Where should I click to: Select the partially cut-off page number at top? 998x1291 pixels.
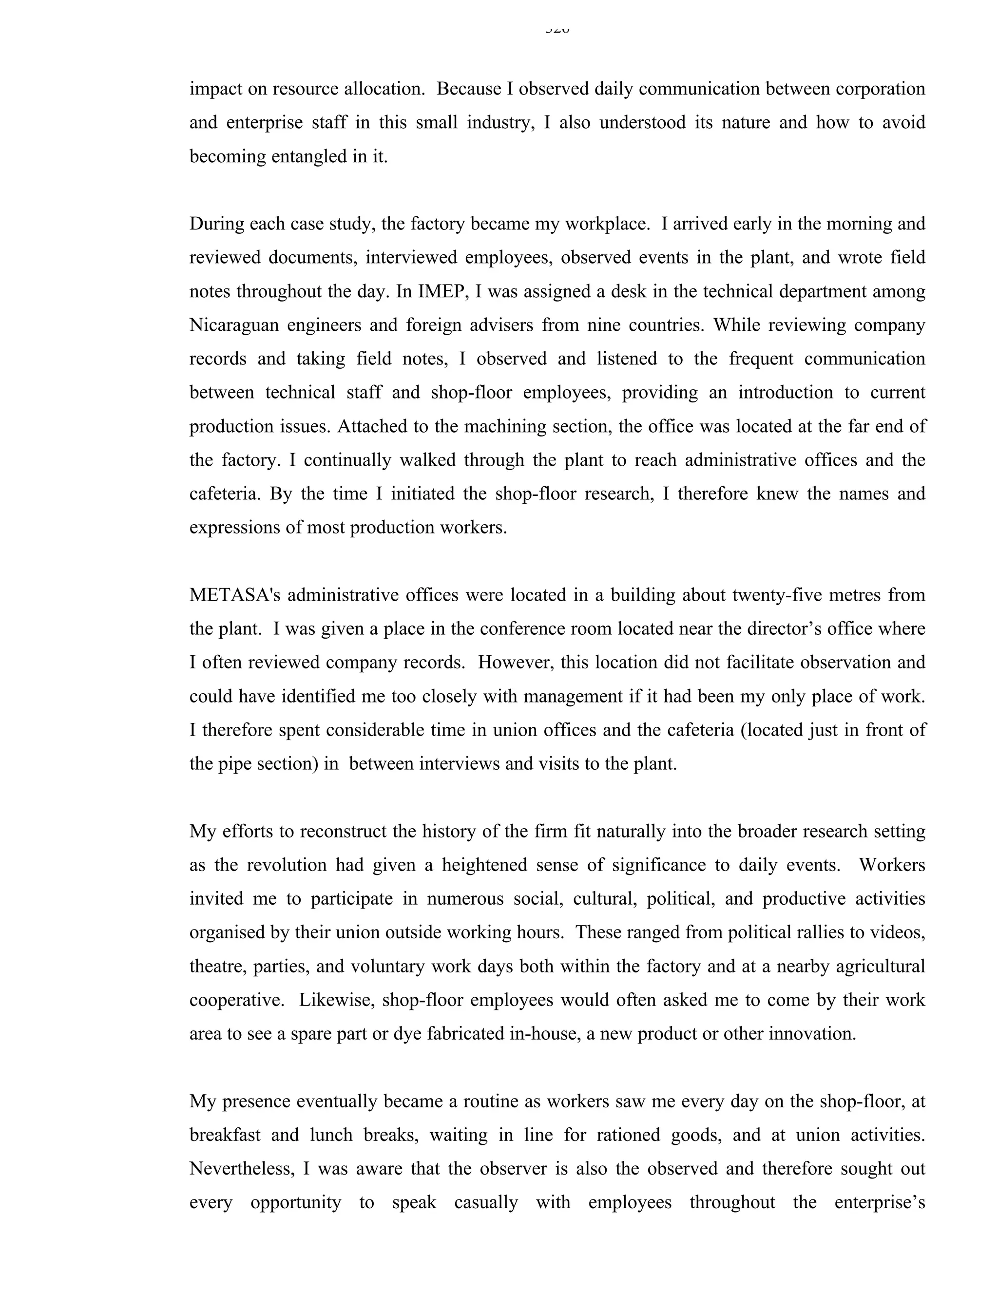pos(557,28)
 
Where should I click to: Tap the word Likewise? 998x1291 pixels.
pos(336,1000)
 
